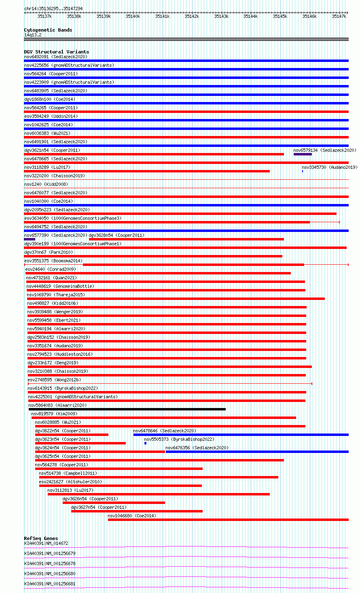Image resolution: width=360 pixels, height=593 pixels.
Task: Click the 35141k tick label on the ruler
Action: [162, 16]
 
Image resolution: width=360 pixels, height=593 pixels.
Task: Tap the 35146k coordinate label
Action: [309, 16]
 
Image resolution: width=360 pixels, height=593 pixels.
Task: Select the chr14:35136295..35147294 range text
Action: [53, 9]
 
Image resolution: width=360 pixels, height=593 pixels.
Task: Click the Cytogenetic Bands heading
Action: [48, 30]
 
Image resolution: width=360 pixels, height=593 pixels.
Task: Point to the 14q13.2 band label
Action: [33, 35]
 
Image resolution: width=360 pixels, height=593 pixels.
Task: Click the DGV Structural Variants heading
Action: [56, 52]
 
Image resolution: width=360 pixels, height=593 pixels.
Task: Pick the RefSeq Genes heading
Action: [41, 538]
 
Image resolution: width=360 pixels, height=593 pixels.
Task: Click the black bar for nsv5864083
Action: [127, 409]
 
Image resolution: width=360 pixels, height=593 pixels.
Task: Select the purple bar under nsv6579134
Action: [303, 154]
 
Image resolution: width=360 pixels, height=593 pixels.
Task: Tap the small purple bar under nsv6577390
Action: [30, 239]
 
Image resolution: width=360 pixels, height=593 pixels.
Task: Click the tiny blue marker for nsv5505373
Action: [145, 443]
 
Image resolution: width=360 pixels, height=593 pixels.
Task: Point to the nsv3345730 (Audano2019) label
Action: [329, 167]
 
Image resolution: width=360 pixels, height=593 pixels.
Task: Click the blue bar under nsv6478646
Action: [241, 435]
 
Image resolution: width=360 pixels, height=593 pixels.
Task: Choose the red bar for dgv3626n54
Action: [114, 503]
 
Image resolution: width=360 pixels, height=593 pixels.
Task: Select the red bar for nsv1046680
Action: [228, 520]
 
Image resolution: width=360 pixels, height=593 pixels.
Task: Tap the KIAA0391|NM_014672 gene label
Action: [46, 543]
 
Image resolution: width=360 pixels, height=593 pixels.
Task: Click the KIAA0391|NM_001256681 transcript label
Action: [50, 584]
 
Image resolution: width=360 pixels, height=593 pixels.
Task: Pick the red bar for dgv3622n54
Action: [72, 435]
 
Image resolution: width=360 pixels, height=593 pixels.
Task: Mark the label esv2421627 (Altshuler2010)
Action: [70, 482]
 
